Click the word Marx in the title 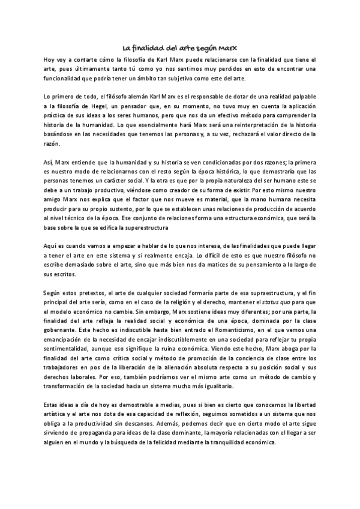(230, 48)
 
